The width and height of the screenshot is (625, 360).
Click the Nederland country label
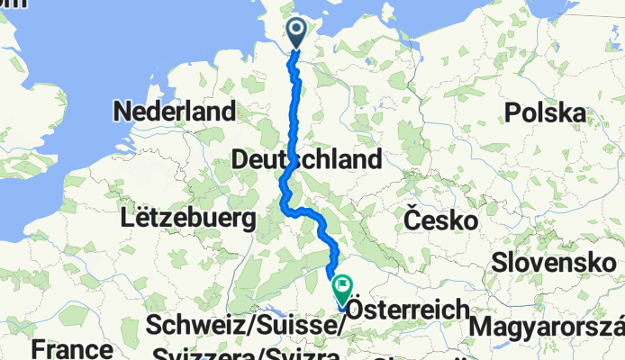point(174,112)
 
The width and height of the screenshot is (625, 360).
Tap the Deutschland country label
point(306,160)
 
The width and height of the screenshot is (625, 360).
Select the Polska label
point(546,112)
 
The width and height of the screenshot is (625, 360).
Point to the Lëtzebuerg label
point(188,217)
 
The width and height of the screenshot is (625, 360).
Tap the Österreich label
point(407,308)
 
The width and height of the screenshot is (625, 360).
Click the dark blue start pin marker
point(297,33)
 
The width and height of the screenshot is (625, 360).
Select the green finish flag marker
point(343,289)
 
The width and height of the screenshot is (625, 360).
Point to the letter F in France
point(36,348)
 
